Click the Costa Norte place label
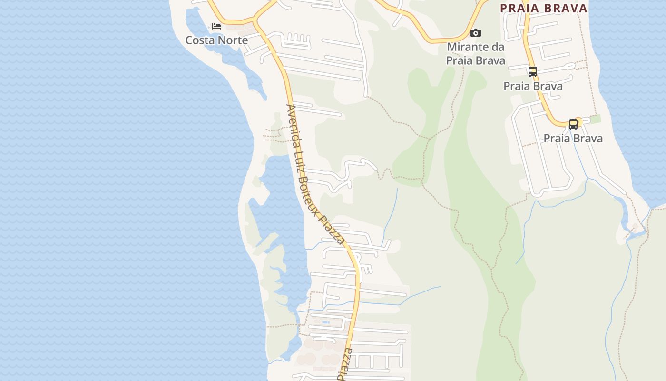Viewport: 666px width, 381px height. point(216,40)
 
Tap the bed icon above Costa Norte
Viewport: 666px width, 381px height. point(216,26)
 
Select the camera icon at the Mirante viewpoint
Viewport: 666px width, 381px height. point(475,33)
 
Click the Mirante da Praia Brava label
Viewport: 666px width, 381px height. point(475,54)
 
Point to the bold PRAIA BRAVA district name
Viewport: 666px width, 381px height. point(544,8)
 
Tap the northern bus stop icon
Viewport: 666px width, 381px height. point(533,72)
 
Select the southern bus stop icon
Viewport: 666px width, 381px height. point(573,124)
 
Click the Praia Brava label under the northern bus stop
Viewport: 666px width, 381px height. point(533,86)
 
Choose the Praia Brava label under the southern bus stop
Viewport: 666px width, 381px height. point(573,139)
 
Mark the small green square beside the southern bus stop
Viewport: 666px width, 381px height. point(595,119)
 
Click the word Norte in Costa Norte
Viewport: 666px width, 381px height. point(231,40)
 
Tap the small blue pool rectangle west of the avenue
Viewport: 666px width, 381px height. point(325,322)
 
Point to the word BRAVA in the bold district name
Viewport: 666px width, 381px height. point(566,8)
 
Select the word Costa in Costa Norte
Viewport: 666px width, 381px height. point(199,40)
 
